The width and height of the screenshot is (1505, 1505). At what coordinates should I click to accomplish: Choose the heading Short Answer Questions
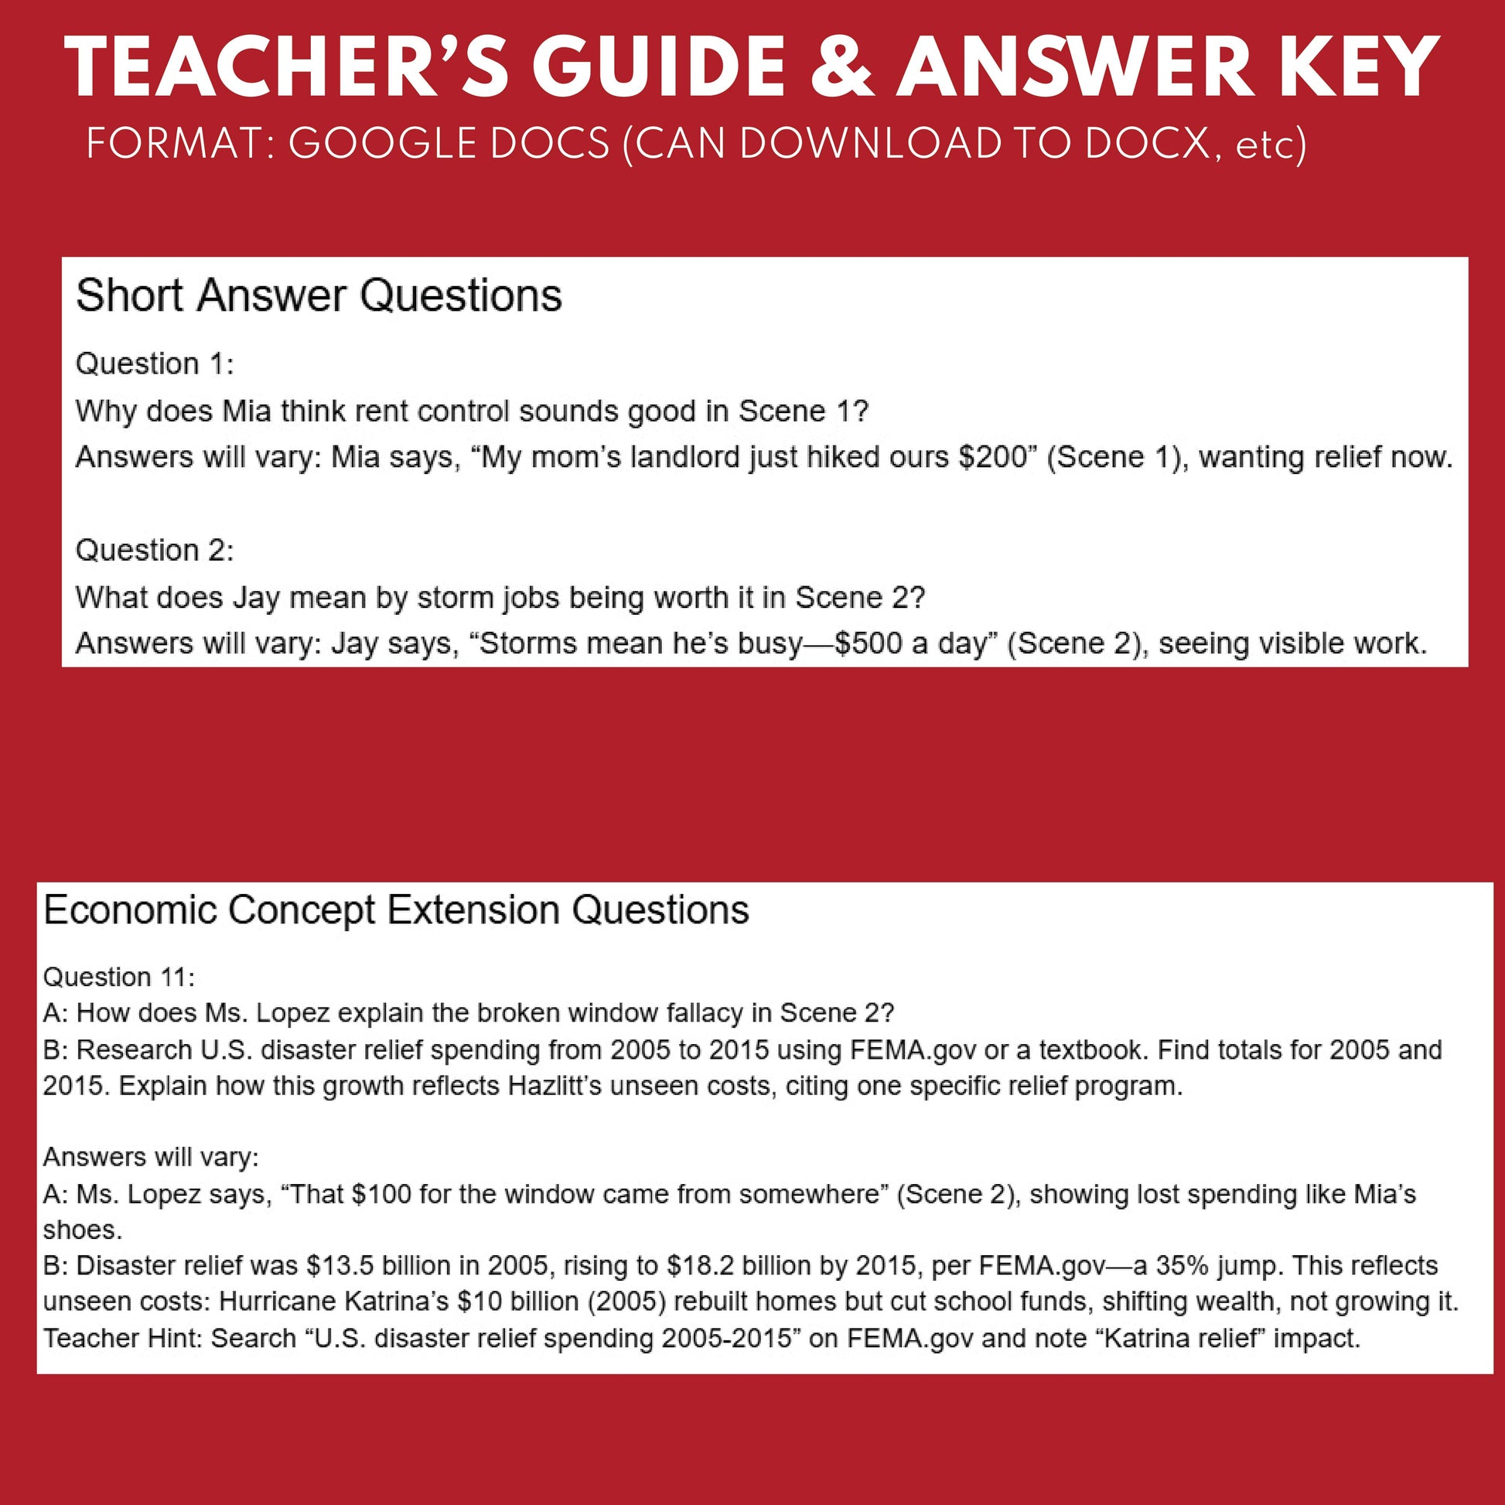click(319, 296)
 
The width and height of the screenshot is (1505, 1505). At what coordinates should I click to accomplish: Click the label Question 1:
click(154, 363)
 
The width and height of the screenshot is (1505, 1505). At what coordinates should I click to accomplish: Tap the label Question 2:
click(154, 550)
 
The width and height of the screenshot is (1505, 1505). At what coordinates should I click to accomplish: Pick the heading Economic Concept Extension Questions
click(396, 909)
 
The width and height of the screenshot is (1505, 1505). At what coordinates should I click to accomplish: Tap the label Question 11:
click(118, 977)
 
